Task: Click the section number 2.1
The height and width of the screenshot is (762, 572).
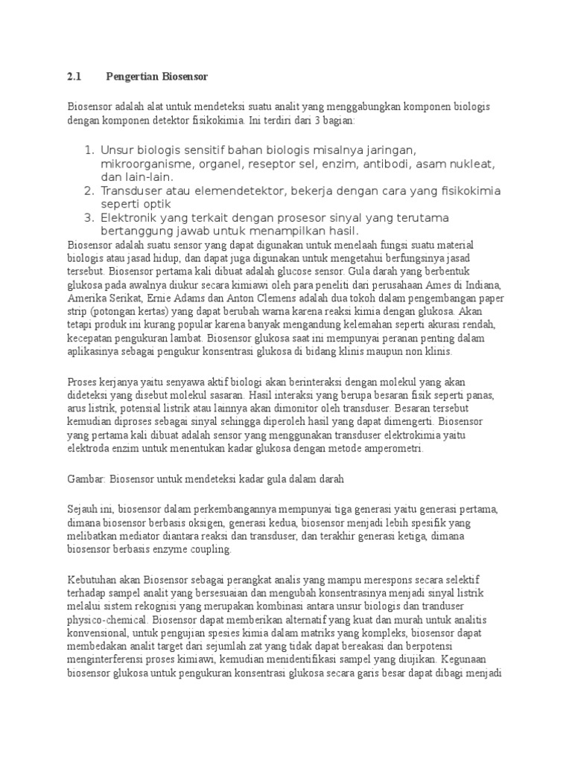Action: point(73,76)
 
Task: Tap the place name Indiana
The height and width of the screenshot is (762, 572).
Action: point(484,285)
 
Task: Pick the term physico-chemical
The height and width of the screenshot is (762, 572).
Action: point(104,621)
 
